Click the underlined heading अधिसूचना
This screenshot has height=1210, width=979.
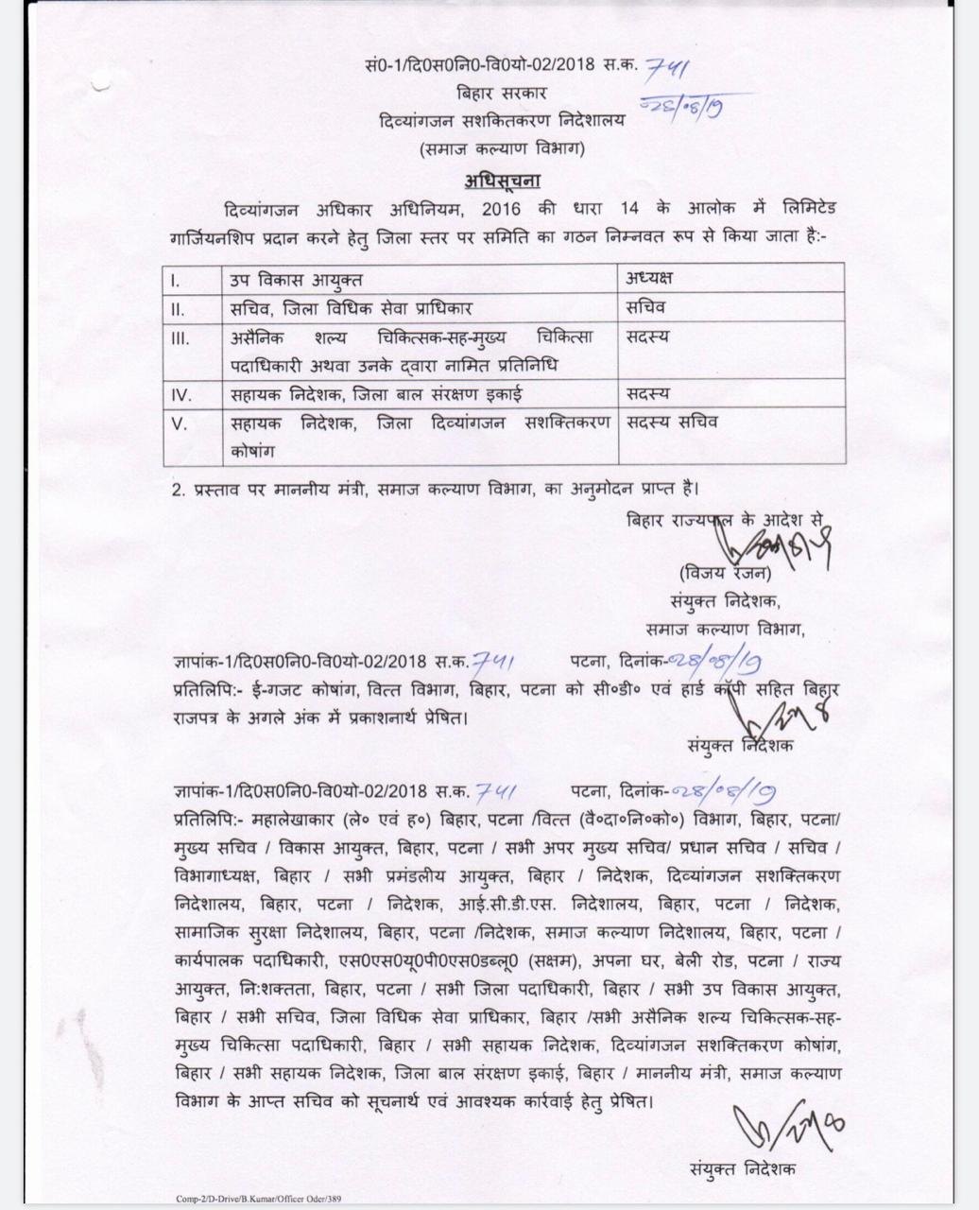tap(502, 180)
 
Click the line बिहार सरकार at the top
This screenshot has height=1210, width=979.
tap(502, 93)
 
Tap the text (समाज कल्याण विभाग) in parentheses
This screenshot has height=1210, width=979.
tap(502, 148)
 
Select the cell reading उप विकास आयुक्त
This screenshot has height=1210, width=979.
tap(296, 279)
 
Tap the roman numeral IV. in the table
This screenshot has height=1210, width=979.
tap(180, 393)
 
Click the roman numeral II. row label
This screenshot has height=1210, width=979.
tap(177, 308)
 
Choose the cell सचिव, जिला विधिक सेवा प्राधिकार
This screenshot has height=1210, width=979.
tap(351, 308)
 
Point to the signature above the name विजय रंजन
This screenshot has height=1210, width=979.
tap(756, 544)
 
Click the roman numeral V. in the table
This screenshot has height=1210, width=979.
tap(179, 423)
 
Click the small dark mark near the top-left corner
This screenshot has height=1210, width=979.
tap(101, 86)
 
